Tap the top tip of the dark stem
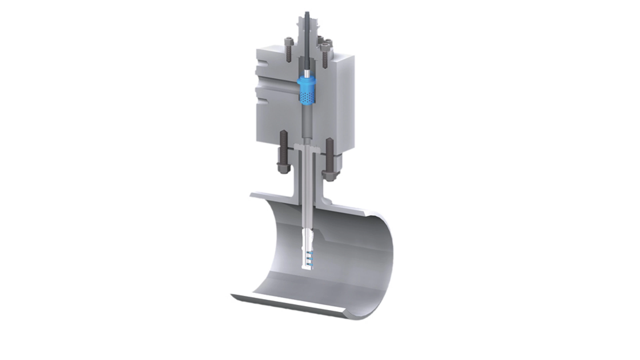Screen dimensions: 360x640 coord(307,13)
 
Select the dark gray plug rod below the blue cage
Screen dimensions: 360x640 coord(306,120)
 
